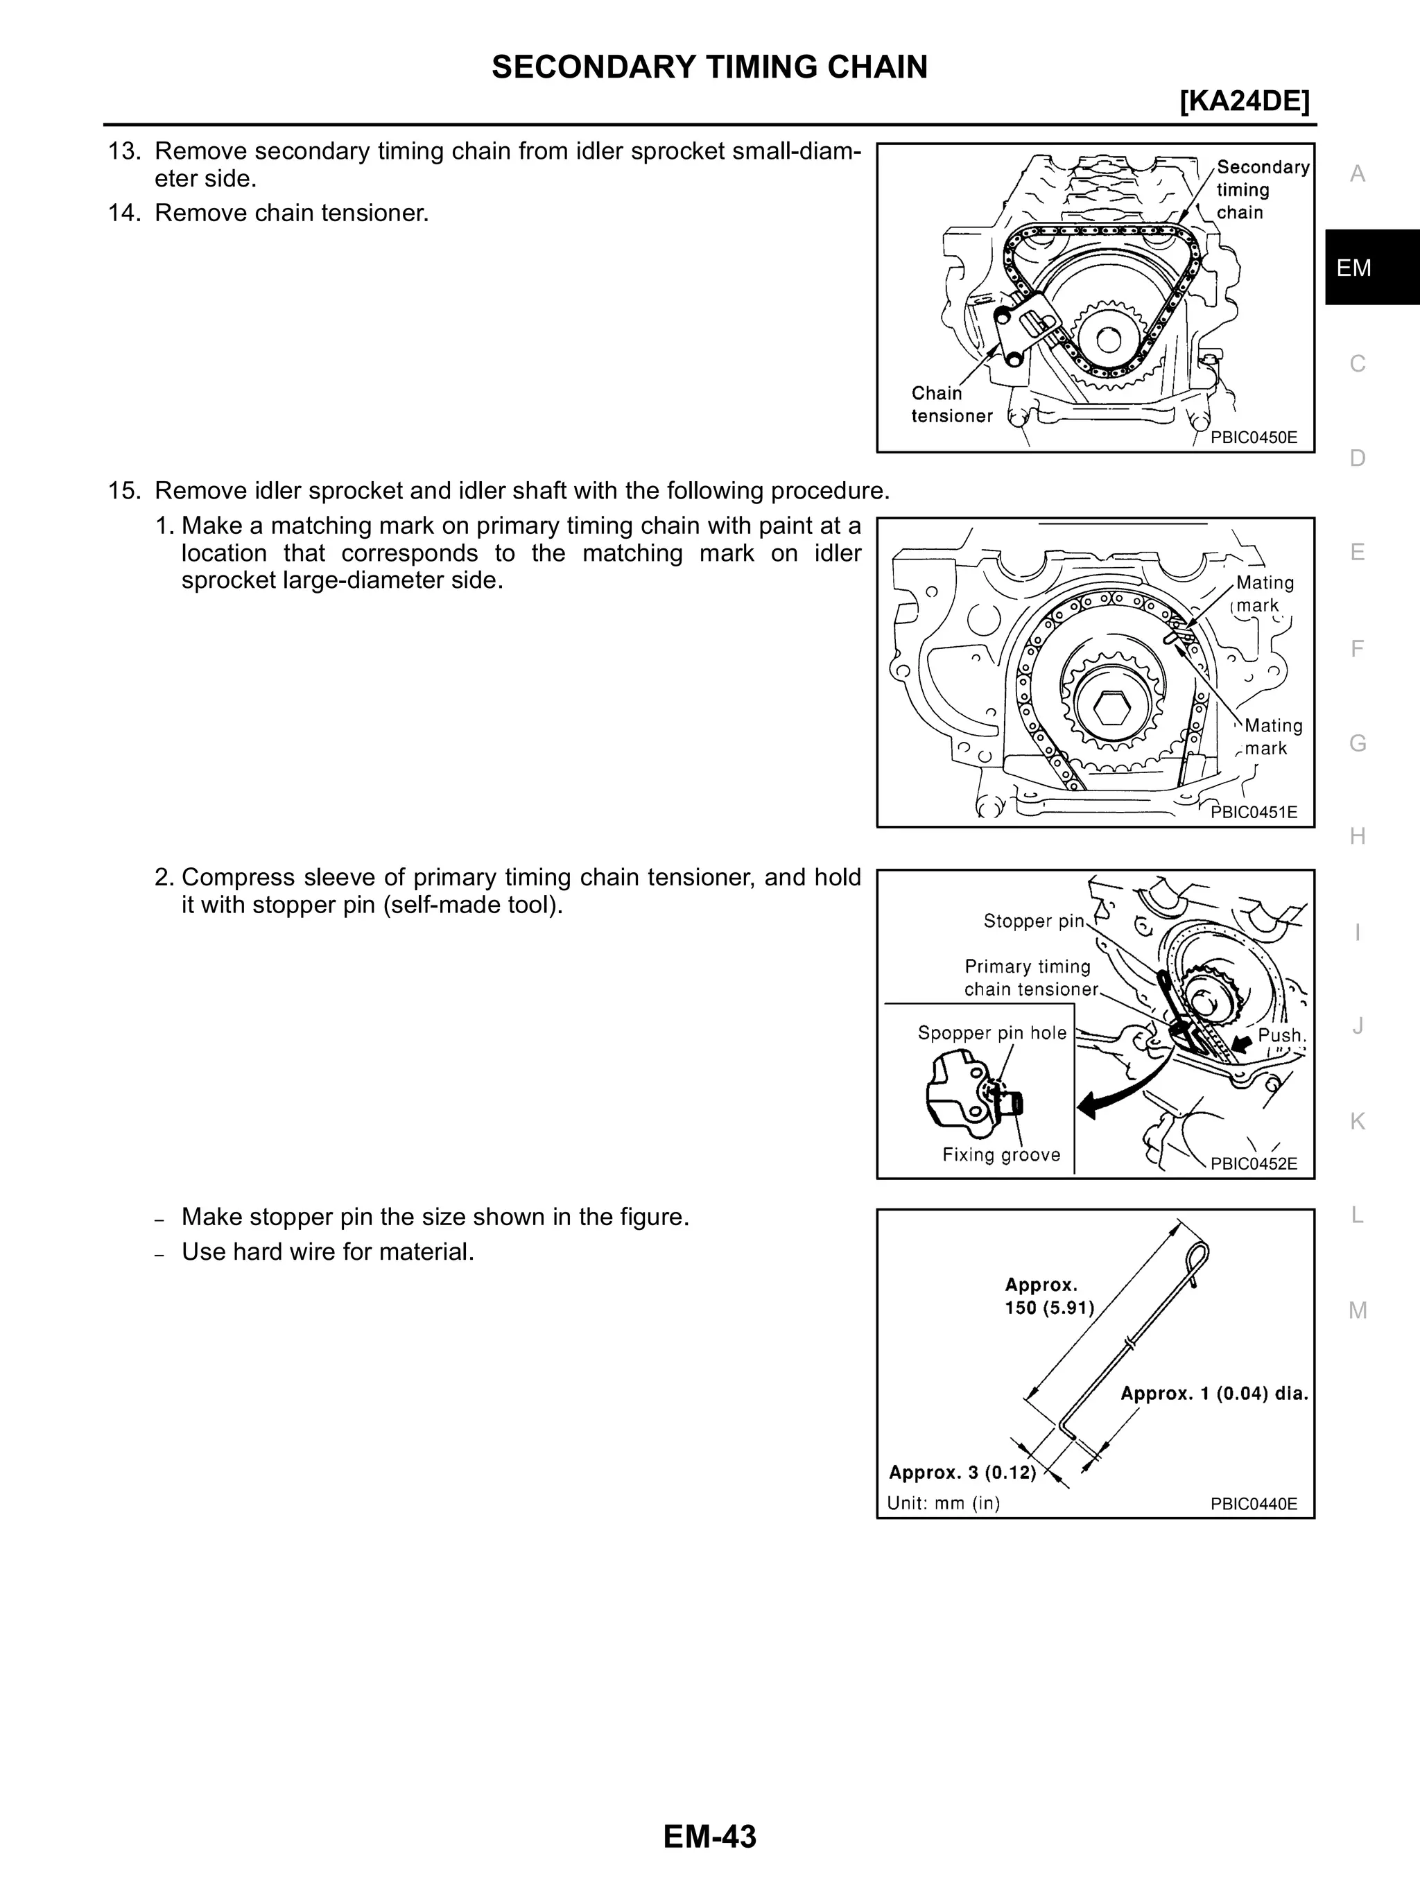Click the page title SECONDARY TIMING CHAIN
709,67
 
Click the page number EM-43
709,1835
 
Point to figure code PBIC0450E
1254,437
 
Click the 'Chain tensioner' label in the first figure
951,405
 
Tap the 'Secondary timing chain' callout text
1261,190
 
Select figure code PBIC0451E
1254,812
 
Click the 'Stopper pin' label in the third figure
1033,921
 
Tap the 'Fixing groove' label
1001,1155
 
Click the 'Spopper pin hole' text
992,1033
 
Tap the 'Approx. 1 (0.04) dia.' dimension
1214,1394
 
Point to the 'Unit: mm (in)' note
943,1503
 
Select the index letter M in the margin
1357,1310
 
